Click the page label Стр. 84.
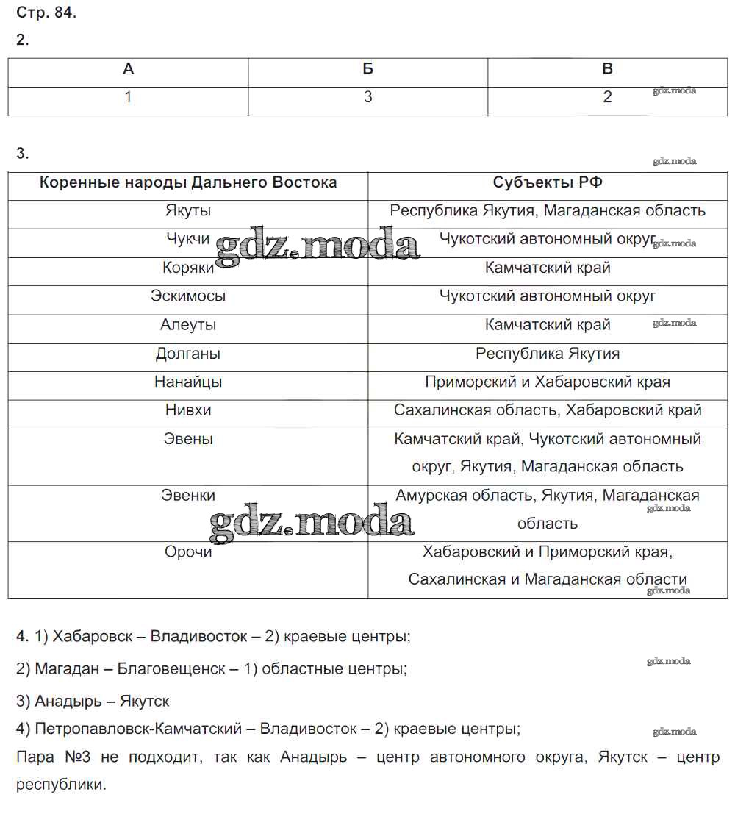point(46,13)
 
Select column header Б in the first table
point(367,69)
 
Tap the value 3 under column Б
point(367,97)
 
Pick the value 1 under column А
point(128,97)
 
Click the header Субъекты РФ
point(548,182)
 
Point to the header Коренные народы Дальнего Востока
point(188,182)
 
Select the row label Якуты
point(188,211)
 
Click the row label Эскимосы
point(188,296)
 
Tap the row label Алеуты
point(188,325)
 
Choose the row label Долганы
point(188,354)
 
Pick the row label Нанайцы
point(188,382)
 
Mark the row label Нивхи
point(188,410)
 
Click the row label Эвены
point(188,439)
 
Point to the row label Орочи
point(188,552)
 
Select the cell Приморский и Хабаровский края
point(548,382)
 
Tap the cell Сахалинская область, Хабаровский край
point(548,410)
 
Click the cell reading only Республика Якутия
point(548,354)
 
